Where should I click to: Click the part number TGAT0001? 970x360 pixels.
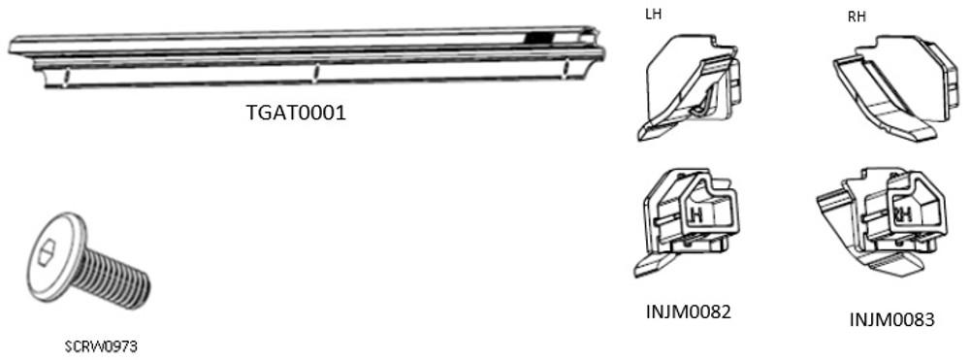pos(296,113)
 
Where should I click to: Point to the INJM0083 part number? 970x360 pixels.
pos(891,318)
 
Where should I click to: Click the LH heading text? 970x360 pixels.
pos(655,16)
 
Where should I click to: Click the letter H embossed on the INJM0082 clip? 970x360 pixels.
pos(695,212)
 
